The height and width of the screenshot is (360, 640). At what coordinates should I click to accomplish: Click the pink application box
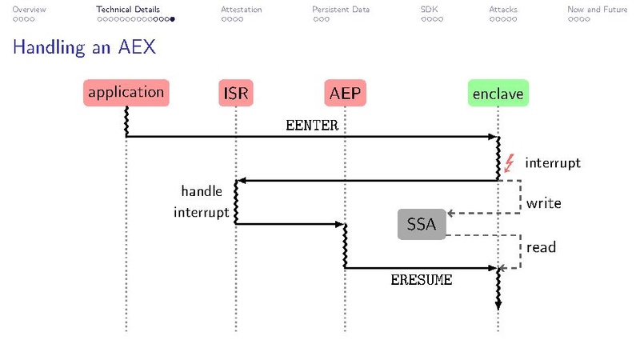126,93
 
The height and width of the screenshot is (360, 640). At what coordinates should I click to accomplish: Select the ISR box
235,94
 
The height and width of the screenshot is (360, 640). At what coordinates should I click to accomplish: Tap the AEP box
345,94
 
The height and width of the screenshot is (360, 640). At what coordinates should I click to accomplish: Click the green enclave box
498,94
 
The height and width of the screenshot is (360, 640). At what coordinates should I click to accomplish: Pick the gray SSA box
421,224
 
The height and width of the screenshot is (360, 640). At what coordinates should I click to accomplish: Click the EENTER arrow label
312,126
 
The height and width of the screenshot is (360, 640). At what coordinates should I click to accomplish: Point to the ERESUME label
421,280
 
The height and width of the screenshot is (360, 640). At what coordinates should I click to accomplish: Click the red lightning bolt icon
509,163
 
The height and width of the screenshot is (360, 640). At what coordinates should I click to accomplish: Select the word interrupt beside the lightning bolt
552,163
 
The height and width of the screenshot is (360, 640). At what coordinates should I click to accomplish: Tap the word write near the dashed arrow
543,203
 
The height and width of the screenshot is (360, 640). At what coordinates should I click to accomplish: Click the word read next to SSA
541,247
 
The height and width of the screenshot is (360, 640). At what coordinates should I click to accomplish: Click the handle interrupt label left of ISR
202,202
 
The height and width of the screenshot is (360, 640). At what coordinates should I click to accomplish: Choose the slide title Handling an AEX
84,48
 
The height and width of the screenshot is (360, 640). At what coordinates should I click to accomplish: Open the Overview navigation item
29,10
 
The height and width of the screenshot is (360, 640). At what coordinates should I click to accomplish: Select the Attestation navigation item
241,10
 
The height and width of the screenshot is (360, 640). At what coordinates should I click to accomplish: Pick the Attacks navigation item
503,10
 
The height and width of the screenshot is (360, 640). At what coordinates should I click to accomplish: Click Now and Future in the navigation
597,10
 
